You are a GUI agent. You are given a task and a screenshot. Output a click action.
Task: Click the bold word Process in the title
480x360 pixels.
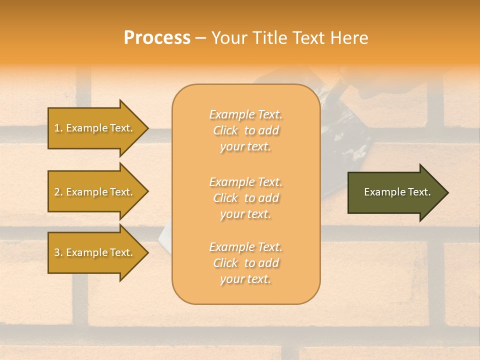click(157, 38)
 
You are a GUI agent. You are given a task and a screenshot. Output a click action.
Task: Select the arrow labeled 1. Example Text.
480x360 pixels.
click(95, 128)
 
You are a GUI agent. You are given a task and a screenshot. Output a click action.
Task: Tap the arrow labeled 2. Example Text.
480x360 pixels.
click(95, 192)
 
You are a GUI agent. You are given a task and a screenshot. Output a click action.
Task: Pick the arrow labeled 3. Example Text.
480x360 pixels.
click(95, 252)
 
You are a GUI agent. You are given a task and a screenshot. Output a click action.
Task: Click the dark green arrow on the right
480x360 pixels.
click(395, 192)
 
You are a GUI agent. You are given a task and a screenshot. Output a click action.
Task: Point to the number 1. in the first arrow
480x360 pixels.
click(58, 128)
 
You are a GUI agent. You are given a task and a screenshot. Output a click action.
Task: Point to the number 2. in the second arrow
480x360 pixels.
click(58, 192)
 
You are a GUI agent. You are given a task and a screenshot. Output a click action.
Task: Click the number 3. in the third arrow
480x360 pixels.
click(58, 252)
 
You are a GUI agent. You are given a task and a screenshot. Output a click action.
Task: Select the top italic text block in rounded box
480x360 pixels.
click(245, 130)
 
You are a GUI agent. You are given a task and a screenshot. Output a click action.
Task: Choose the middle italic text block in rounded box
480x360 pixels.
click(245, 198)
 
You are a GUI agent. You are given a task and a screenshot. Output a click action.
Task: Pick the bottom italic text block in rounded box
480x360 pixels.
click(245, 263)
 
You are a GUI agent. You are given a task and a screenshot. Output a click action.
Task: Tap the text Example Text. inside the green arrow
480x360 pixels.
click(397, 192)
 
